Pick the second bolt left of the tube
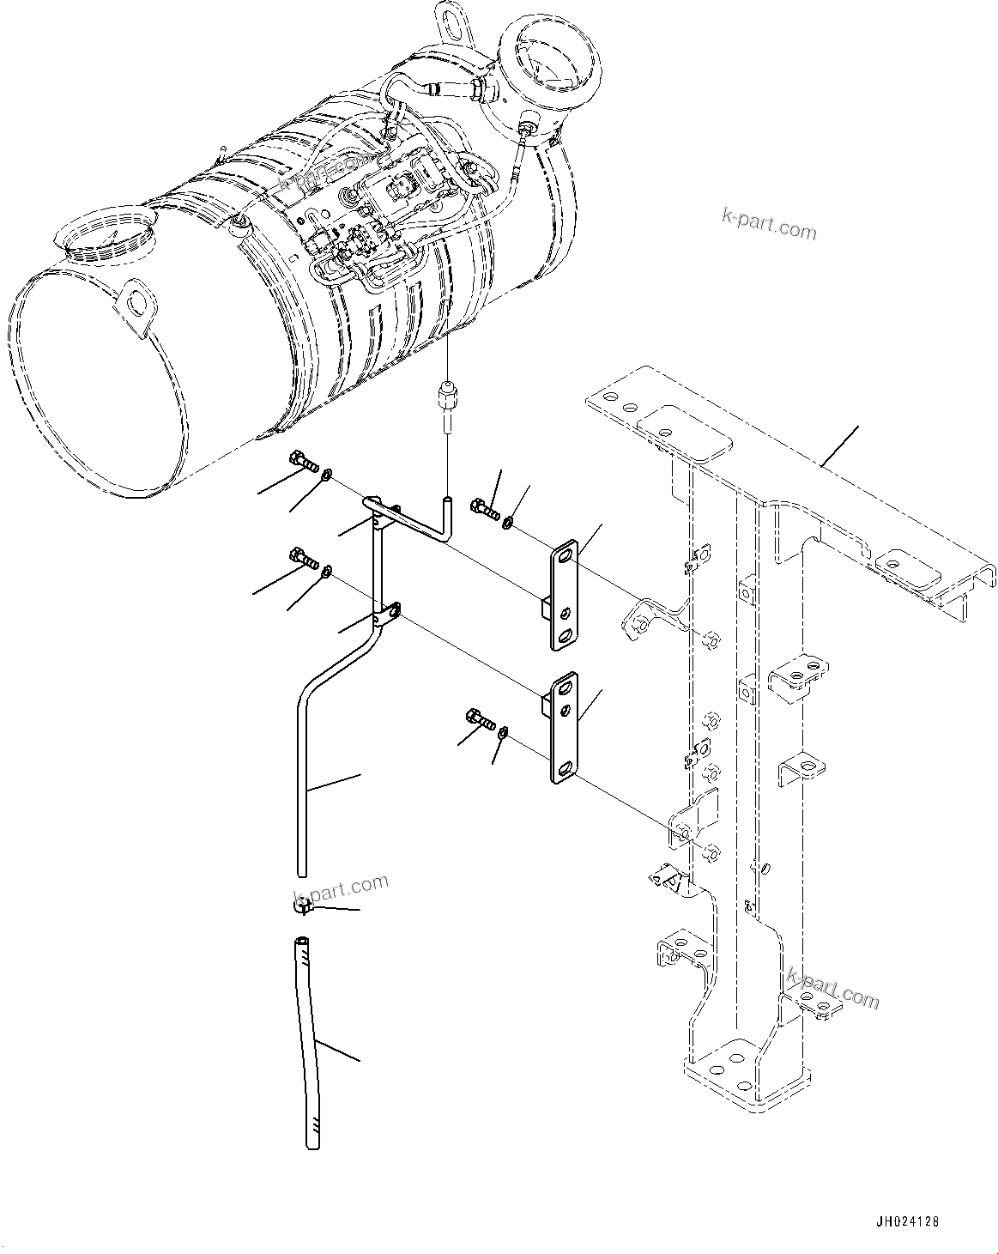(x=304, y=559)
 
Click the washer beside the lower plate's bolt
(x=504, y=732)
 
